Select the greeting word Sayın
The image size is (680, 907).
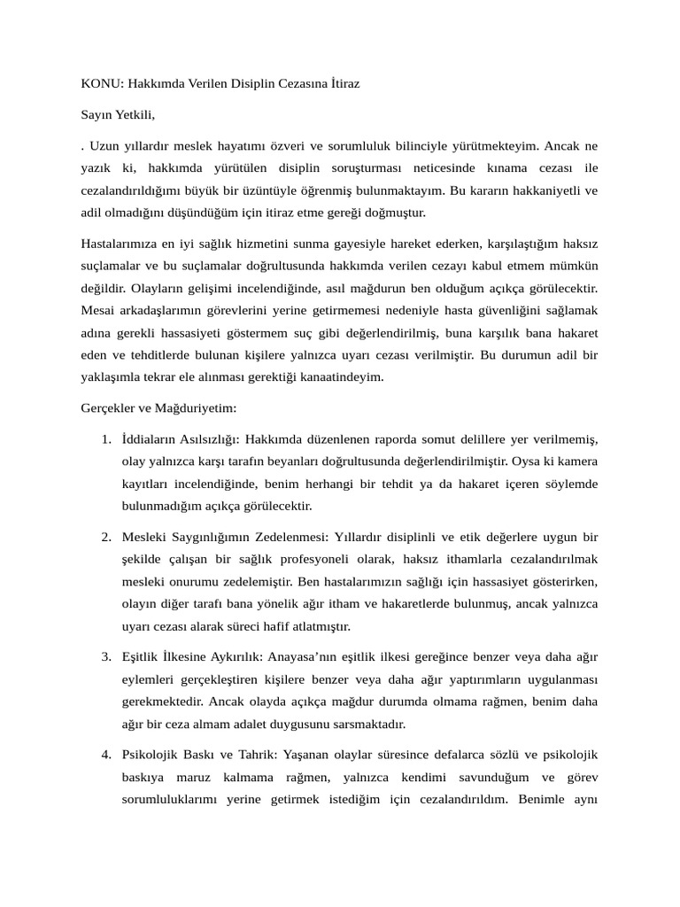pos(97,114)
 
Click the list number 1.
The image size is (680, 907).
pos(105,439)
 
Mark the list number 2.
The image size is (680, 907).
pos(105,537)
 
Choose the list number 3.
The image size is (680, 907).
pos(105,656)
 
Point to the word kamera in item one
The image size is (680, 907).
pos(577,461)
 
